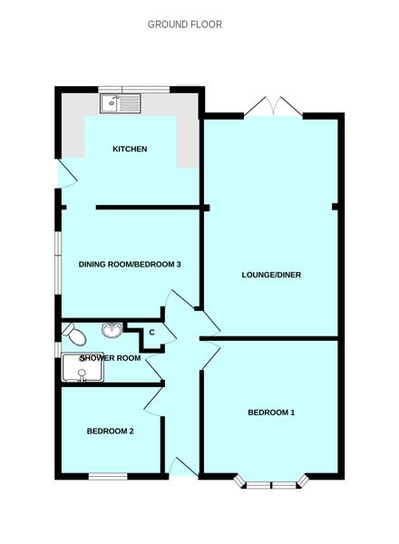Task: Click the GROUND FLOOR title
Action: click(x=185, y=24)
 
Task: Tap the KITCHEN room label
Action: click(x=130, y=150)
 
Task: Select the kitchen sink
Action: click(x=121, y=103)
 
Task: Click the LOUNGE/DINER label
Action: click(x=271, y=275)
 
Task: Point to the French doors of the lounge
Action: click(x=273, y=106)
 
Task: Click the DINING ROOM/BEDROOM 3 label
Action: click(x=130, y=265)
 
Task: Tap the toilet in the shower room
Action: click(x=74, y=334)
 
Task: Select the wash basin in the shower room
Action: click(x=112, y=329)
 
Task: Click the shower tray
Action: click(x=83, y=368)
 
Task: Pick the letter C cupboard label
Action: click(x=151, y=333)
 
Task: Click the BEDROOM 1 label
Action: click(x=271, y=413)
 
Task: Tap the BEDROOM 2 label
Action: click(x=110, y=432)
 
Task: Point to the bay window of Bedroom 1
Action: click(x=271, y=483)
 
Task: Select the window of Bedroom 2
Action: click(x=108, y=477)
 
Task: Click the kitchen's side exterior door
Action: click(x=67, y=173)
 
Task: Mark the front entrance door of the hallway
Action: click(x=183, y=467)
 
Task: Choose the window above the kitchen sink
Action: click(x=134, y=90)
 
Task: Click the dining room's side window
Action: click(x=58, y=264)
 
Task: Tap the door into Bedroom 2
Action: click(x=153, y=401)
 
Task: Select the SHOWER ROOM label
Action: click(x=111, y=358)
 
